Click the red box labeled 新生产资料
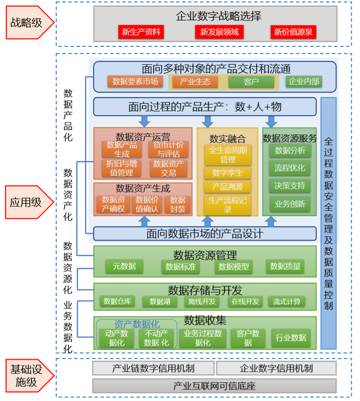pos(141,32)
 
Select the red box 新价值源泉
pos(293,32)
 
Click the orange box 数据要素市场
pos(135,81)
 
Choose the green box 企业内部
pos(304,81)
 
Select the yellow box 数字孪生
pos(228,173)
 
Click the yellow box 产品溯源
pos(228,187)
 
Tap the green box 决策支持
pos(289,186)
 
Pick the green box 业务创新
pos(289,203)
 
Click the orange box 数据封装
pos(178,204)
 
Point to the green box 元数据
pos(124,266)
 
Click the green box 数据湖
pos(160,301)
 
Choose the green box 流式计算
pos(286,301)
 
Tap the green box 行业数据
pos(291,338)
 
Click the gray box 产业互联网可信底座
pos(214,386)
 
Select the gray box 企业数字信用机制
pos(276,368)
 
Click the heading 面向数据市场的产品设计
pos(204,233)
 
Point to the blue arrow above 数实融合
pos(208,121)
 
